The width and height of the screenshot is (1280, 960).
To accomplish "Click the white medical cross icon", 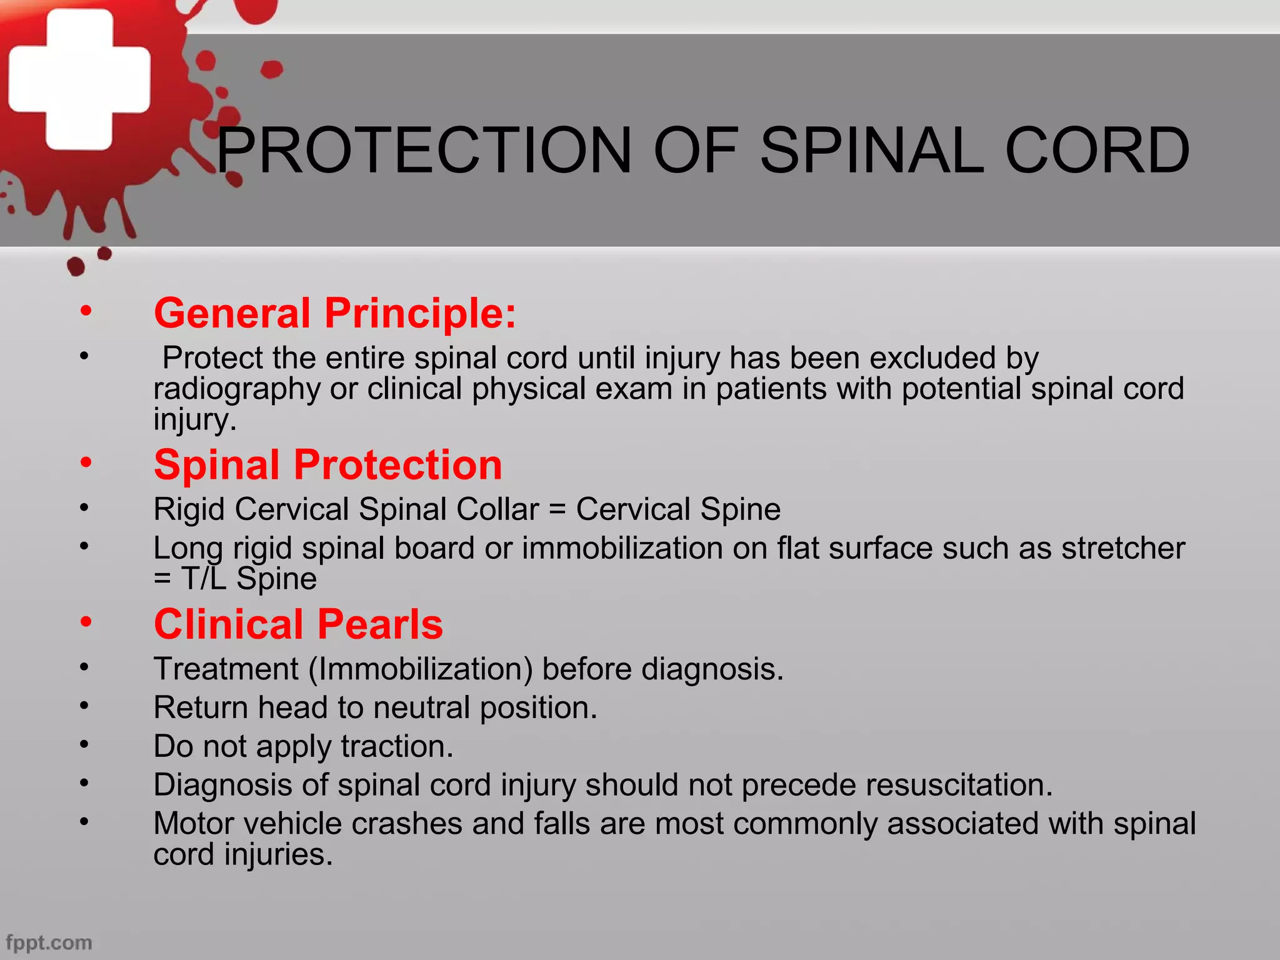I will [x=79, y=79].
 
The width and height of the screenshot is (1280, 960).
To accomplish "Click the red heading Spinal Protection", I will [x=328, y=465].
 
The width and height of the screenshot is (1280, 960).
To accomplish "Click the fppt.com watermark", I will [x=49, y=942].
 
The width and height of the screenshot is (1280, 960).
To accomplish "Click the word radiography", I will [x=237, y=389].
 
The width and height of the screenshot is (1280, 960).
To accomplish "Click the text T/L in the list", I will [x=203, y=579].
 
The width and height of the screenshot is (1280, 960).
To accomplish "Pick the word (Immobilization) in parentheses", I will [x=421, y=669].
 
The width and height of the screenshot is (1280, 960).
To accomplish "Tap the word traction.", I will [x=397, y=746].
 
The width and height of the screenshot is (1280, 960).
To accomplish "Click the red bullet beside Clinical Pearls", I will [x=86, y=622].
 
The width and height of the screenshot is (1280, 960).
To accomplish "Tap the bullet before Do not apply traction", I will [x=84, y=744].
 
